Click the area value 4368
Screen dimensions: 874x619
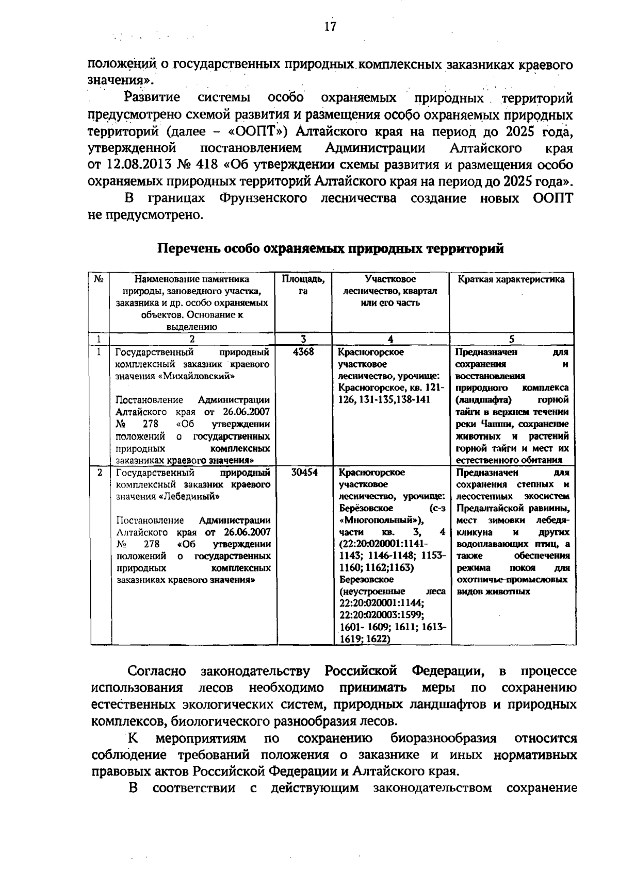[303, 352]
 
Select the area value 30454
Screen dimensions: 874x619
[304, 473]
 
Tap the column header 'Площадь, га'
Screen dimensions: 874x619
[303, 285]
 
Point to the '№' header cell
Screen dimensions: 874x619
[99, 279]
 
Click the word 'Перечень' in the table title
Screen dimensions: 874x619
[187, 249]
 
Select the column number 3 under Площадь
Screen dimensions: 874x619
[303, 339]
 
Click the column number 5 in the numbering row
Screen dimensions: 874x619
[512, 339]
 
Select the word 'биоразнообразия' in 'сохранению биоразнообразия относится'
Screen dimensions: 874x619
[443, 738]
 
